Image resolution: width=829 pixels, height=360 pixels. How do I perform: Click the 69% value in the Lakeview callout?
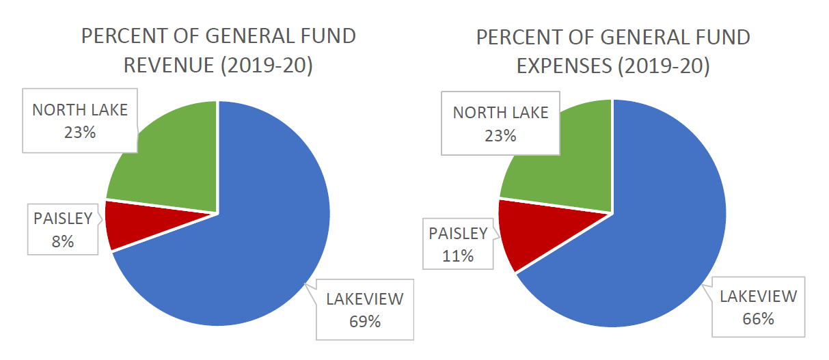pyautogui.click(x=364, y=321)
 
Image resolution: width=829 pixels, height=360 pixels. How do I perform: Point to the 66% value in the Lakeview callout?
pyautogui.click(x=758, y=318)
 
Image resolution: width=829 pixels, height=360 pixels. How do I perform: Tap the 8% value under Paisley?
pyautogui.click(x=62, y=241)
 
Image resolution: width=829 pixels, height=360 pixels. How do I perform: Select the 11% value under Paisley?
pyautogui.click(x=458, y=256)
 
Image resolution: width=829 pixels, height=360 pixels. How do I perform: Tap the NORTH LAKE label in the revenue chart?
pyautogui.click(x=80, y=110)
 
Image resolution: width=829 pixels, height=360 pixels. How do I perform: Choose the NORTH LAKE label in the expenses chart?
pyautogui.click(x=500, y=113)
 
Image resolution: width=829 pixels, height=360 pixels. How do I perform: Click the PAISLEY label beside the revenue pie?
pyautogui.click(x=63, y=219)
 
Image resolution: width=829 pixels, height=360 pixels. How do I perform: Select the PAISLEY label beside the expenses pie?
pyautogui.click(x=458, y=234)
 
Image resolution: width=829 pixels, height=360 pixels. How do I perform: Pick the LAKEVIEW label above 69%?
pyautogui.click(x=365, y=299)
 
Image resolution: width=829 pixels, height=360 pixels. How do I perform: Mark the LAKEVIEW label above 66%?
pyautogui.click(x=758, y=296)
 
